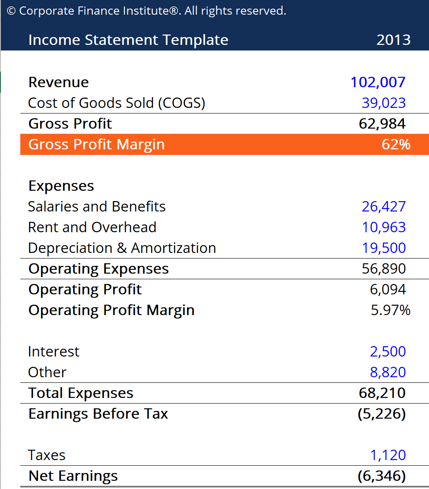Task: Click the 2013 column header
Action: point(393,40)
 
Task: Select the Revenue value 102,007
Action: point(378,82)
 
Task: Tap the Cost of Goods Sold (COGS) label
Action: point(117,103)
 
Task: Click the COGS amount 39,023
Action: point(384,103)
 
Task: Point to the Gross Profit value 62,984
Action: point(382,124)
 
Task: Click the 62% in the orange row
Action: point(396,145)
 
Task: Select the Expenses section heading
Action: point(61,186)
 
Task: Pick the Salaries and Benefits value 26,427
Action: point(384,207)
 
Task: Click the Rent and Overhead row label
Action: point(92,227)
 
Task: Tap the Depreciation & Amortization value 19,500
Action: point(384,248)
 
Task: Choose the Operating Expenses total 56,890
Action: point(384,269)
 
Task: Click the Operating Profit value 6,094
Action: point(388,290)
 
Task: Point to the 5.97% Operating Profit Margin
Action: point(391,310)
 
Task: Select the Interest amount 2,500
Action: point(388,352)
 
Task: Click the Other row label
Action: point(47,372)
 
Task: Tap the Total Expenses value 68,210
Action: point(382,393)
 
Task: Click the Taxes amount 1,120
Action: point(388,455)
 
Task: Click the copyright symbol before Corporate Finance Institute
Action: point(11,11)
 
